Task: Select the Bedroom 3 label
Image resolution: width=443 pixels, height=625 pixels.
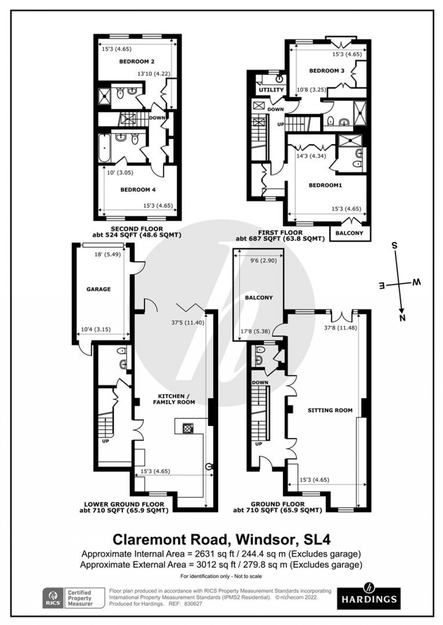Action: (327, 70)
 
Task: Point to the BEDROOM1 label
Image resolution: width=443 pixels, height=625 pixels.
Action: (325, 185)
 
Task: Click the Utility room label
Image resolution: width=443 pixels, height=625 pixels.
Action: (271, 90)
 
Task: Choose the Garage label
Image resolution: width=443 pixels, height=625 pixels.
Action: (99, 289)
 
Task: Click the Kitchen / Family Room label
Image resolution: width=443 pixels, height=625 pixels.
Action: (174, 399)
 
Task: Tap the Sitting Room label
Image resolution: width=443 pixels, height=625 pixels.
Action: (330, 410)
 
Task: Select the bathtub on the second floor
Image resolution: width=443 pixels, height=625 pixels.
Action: (102, 148)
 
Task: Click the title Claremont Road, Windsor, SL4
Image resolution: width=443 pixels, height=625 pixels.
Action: (221, 539)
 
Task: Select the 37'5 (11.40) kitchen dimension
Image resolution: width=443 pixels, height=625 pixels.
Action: (188, 322)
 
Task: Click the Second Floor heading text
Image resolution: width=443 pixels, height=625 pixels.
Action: (137, 229)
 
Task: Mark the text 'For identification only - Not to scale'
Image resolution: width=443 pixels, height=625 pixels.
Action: (221, 576)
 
